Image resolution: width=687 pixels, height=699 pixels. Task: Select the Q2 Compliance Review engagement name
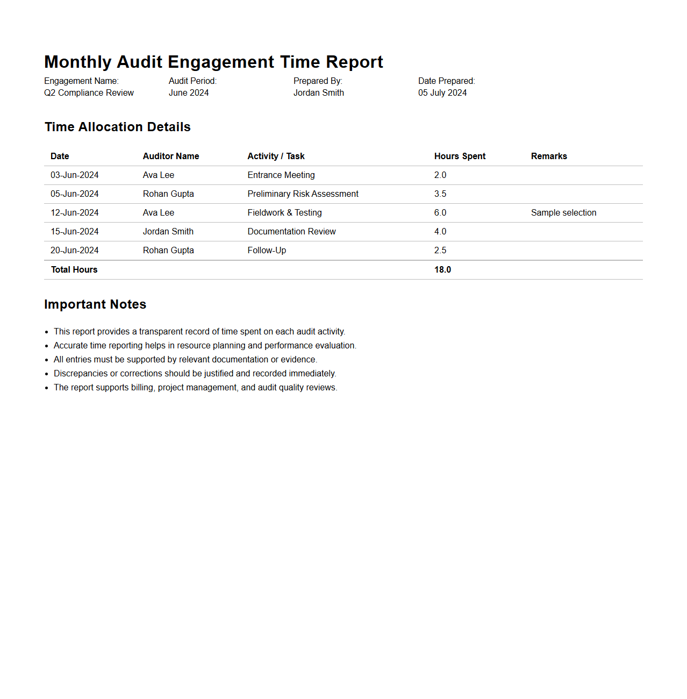(89, 93)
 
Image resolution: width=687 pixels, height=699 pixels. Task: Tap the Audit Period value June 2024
(189, 93)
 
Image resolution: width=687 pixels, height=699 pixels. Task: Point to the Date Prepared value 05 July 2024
(442, 93)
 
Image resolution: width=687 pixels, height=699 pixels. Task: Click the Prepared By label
(318, 81)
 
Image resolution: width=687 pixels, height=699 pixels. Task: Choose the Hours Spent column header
(460, 156)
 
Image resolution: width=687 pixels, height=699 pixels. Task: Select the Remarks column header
(549, 156)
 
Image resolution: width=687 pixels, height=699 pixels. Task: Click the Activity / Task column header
(276, 156)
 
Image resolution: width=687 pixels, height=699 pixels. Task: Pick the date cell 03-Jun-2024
(75, 175)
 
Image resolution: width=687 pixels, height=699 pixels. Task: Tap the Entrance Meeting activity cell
(281, 175)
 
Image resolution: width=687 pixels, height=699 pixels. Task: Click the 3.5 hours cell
(440, 194)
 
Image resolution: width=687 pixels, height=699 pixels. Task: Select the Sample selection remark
(563, 213)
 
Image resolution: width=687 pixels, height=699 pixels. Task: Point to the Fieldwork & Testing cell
(284, 213)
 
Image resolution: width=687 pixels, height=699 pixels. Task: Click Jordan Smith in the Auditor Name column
(168, 232)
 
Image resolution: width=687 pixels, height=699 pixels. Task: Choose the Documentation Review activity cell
(291, 232)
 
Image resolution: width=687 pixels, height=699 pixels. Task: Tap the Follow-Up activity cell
(267, 251)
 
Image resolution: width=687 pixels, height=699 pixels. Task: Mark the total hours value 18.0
(442, 270)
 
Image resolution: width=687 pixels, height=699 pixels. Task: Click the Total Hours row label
(74, 270)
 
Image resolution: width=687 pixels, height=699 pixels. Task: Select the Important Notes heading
(95, 304)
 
